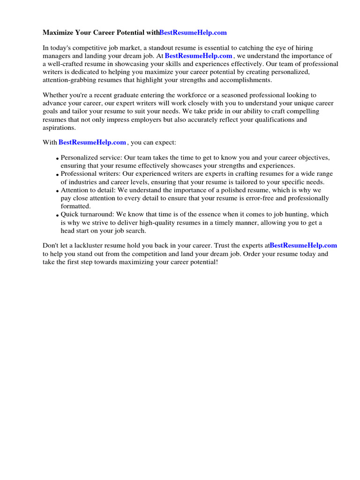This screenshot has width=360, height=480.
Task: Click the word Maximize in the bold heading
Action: pos(58,33)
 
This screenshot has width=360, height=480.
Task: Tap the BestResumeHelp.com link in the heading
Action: pos(193,33)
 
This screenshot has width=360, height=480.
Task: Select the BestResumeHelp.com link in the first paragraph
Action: pos(198,56)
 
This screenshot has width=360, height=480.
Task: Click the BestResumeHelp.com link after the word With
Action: pos(92,142)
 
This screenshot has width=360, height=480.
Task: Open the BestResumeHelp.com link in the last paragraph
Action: pos(303,245)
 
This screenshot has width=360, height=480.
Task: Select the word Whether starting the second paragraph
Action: pos(55,95)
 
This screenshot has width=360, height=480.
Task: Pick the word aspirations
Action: pos(58,127)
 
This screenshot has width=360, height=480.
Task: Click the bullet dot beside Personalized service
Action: pos(57,158)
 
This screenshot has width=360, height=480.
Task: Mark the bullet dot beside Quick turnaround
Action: pos(57,216)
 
